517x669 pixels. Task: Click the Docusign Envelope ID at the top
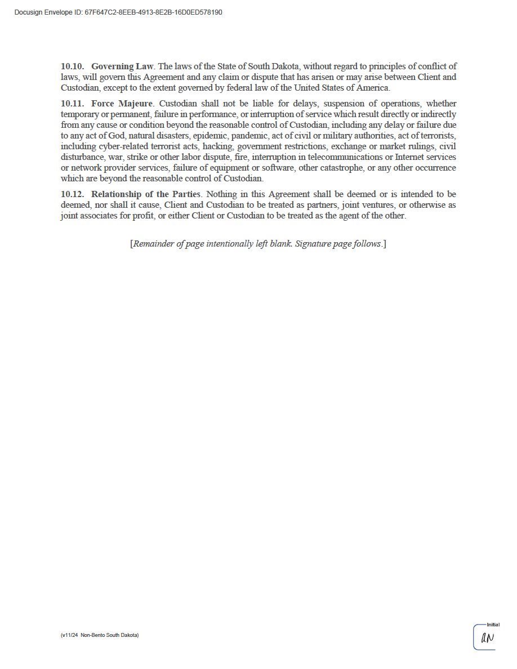click(x=118, y=12)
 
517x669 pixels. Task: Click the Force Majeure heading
click(x=122, y=104)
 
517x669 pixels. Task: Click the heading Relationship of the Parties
click(x=145, y=194)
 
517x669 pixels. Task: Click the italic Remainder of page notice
click(x=258, y=244)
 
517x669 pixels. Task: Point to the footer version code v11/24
click(x=70, y=635)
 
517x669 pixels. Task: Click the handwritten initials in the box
click(x=487, y=639)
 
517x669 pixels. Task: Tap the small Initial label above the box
click(x=493, y=625)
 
